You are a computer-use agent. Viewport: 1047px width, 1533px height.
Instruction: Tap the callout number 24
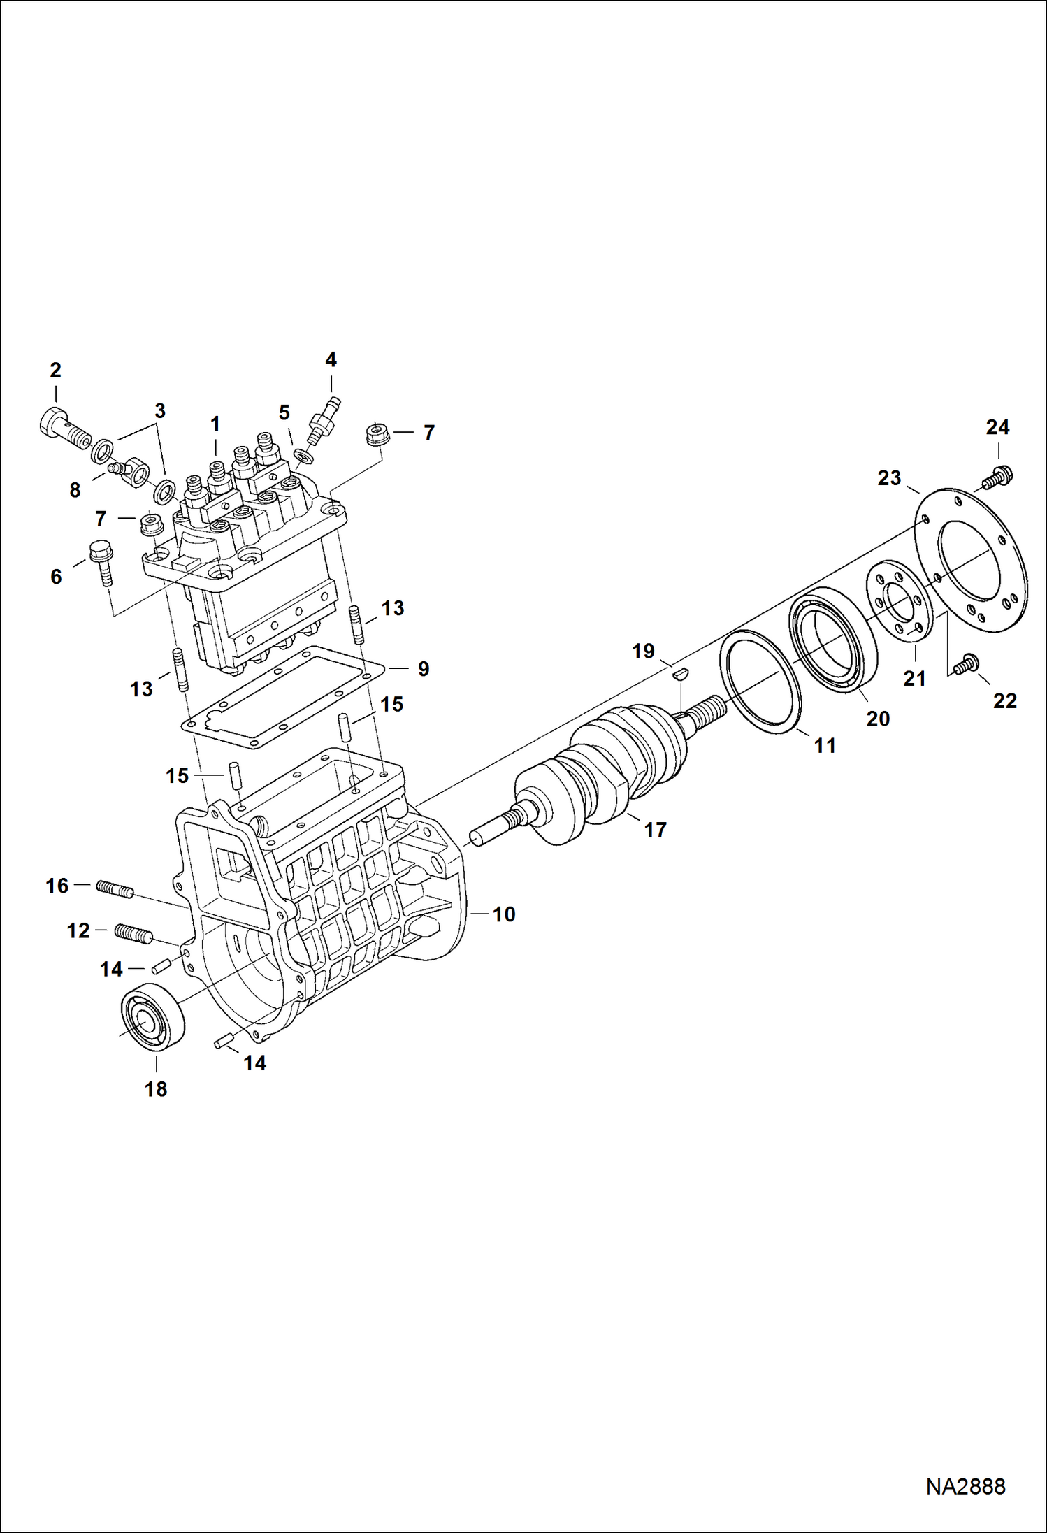tap(997, 427)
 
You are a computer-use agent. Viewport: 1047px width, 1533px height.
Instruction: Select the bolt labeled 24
tap(998, 477)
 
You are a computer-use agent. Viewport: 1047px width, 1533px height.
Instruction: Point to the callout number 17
tap(655, 830)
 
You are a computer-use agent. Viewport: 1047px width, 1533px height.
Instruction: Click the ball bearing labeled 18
tap(153, 1016)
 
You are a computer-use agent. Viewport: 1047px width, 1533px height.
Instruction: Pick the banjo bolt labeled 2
tap(64, 428)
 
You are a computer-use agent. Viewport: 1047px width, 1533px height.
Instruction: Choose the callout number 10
tap(503, 914)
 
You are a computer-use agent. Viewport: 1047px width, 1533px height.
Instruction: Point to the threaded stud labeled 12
tap(133, 933)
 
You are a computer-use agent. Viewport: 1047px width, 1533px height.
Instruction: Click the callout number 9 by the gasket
tap(424, 669)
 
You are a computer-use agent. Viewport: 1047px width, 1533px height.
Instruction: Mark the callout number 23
tap(889, 478)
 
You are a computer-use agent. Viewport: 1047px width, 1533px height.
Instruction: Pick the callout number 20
tap(878, 719)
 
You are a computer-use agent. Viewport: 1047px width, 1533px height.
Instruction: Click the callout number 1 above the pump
tap(215, 424)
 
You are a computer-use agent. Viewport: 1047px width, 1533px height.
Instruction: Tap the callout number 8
tap(75, 490)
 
